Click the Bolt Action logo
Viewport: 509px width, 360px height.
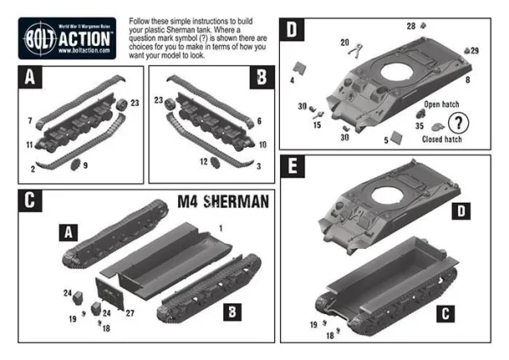68,38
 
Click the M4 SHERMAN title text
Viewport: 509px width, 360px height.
223,202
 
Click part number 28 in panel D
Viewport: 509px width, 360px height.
411,26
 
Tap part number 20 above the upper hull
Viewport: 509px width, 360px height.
345,42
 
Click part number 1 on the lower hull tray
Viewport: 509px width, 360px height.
220,228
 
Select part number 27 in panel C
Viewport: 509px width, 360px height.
130,313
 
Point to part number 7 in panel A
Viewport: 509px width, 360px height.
29,121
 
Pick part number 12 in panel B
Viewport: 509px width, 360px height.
204,161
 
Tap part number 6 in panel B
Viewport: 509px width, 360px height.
259,121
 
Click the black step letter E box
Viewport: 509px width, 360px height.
294,168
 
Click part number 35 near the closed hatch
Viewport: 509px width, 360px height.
419,124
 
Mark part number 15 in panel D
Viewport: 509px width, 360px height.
316,125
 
